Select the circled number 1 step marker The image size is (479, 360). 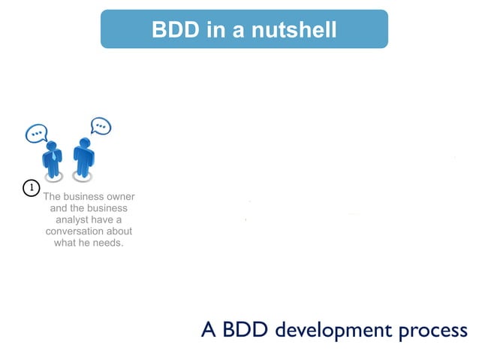31,188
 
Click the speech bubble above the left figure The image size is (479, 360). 36,134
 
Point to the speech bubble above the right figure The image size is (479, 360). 101,126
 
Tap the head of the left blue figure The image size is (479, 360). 52,146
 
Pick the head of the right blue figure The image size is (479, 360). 84,143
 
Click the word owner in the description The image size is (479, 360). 120,197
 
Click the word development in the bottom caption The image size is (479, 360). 332,330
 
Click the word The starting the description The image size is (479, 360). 53,197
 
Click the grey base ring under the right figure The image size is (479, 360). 83,177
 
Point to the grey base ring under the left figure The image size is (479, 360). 53,179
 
